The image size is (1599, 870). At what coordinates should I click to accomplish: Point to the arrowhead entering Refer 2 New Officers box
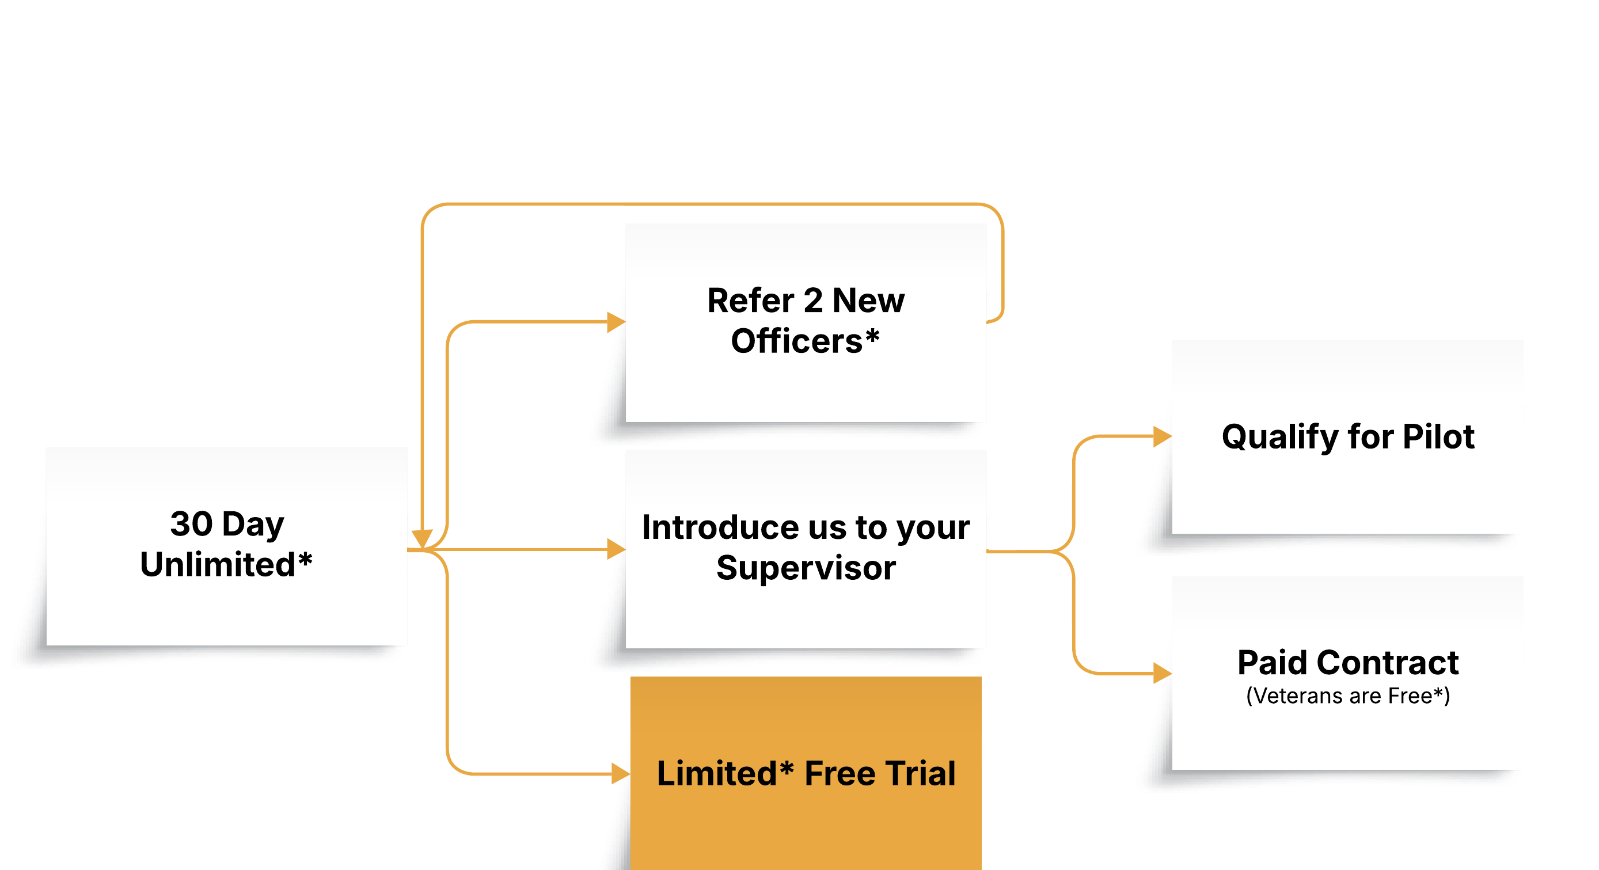coord(616,322)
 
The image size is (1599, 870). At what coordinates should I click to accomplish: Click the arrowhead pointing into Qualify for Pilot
coord(1162,436)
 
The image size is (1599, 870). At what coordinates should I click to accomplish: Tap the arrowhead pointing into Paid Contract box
coord(1162,673)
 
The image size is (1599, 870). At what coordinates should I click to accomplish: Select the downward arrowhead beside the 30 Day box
coord(422,537)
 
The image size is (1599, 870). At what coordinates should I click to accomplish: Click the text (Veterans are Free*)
coord(1347,696)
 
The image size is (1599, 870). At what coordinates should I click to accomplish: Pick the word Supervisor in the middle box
coord(806,568)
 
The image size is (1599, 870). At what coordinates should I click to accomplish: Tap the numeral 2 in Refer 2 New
coord(812,301)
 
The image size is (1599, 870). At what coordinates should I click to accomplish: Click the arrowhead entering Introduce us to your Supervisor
coord(616,549)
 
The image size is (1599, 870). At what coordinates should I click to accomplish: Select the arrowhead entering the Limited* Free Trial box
coord(620,774)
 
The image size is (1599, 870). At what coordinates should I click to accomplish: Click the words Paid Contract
coord(1347,663)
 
